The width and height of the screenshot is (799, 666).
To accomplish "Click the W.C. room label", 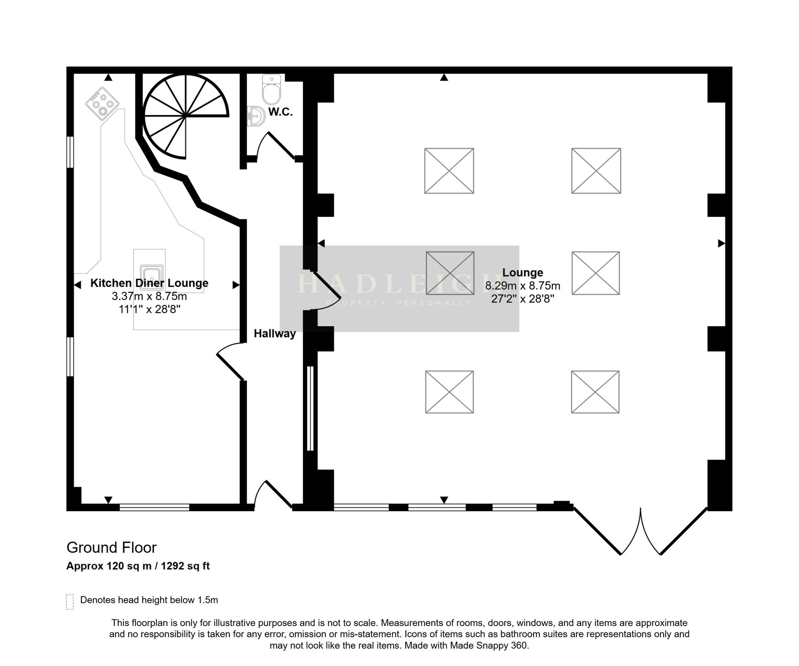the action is coord(280,112).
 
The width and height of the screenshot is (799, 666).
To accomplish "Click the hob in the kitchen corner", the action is coord(102,103).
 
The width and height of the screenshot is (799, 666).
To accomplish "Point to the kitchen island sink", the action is coord(152,277).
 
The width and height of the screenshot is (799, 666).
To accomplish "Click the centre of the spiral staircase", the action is coord(186,116).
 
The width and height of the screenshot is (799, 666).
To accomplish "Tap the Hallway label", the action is coord(275,333).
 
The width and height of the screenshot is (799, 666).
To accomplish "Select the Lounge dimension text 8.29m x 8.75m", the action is coord(523,286).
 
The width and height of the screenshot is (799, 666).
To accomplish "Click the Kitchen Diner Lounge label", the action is coord(149,283).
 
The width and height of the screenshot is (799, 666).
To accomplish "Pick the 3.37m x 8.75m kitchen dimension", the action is coord(149,296).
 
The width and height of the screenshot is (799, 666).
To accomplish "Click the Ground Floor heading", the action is coord(111,547).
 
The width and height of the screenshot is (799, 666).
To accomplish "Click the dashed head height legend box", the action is coord(70,602).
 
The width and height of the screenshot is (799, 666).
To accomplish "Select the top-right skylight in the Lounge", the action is coord(596,171).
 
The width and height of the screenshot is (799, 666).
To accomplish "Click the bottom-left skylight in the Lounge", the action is coord(449,392).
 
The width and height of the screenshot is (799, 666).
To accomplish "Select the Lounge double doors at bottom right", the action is coord(641,531).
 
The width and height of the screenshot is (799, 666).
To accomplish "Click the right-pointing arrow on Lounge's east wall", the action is coord(721,243).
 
